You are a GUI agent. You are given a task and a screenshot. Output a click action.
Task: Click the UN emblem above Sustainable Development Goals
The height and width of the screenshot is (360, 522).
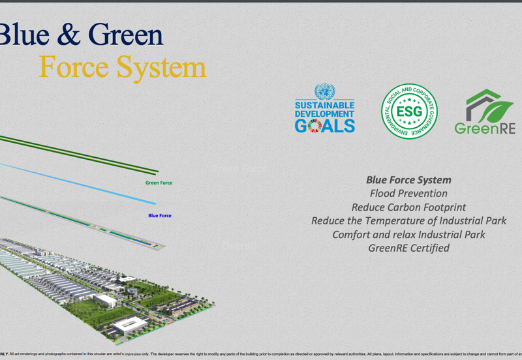click(x=324, y=91)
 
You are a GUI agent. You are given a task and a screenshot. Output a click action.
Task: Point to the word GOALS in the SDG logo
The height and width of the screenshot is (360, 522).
click(x=324, y=125)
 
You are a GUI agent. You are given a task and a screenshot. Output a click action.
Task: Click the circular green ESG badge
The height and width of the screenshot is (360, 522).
click(x=409, y=112)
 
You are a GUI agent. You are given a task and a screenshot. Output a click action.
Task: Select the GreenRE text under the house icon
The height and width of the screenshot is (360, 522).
click(x=485, y=128)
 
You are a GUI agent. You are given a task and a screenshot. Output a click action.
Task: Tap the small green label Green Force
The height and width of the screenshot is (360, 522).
click(x=159, y=183)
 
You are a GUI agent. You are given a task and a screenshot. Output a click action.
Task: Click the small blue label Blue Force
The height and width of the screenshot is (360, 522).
click(x=160, y=215)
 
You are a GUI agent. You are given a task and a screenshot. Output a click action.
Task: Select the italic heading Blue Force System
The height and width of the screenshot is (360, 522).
click(x=408, y=180)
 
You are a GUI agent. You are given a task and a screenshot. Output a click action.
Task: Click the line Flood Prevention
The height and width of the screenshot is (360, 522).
click(x=408, y=194)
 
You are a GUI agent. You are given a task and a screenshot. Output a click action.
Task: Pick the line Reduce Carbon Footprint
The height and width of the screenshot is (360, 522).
click(x=408, y=207)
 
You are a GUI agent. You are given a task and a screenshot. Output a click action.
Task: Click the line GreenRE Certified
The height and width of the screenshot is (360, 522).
click(x=408, y=248)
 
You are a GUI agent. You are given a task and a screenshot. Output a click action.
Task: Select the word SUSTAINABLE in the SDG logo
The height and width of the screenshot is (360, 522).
click(x=324, y=104)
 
